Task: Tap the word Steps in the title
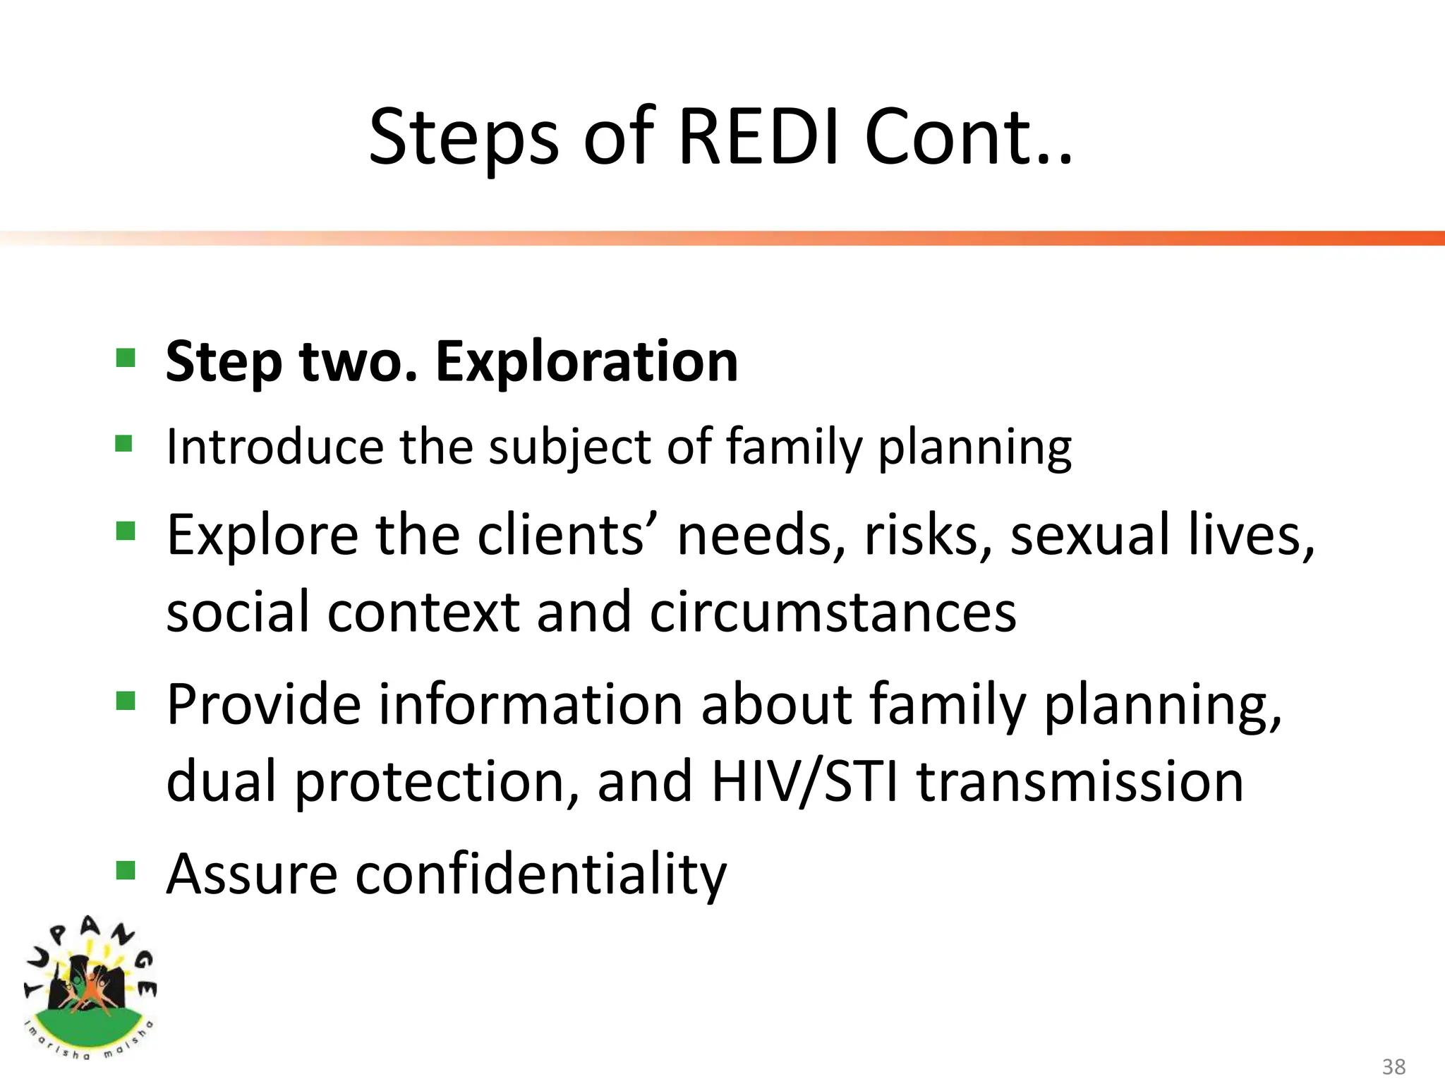click(x=464, y=137)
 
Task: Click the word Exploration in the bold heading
click(x=586, y=361)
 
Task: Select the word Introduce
click(x=275, y=447)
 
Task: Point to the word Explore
click(x=262, y=534)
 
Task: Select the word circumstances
click(x=833, y=611)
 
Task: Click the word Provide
click(x=264, y=704)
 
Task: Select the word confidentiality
click(x=540, y=874)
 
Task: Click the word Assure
click(x=252, y=874)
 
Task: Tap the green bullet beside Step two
click(x=126, y=358)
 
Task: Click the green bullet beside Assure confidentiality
click(x=126, y=871)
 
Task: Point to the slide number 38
click(x=1393, y=1066)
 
